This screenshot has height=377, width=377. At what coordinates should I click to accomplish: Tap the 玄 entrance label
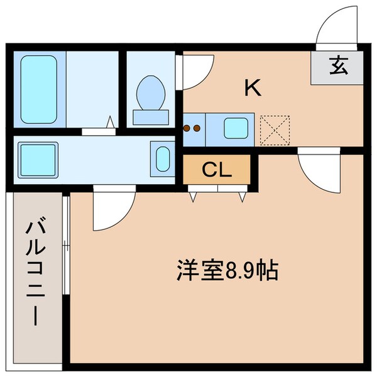pyautogui.click(x=338, y=65)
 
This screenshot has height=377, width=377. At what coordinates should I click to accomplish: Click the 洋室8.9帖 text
pyautogui.click(x=226, y=271)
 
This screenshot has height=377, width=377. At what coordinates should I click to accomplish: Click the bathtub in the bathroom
pyautogui.click(x=39, y=89)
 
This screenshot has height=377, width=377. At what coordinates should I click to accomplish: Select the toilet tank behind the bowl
pyautogui.click(x=151, y=117)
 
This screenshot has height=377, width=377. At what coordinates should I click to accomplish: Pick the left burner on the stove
pyautogui.click(x=187, y=129)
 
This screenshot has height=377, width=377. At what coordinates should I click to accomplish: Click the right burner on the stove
pyautogui.click(x=197, y=129)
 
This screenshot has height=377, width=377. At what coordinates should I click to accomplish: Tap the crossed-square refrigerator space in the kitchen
pyautogui.click(x=272, y=128)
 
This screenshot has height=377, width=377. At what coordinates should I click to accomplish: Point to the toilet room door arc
pyautogui.click(x=192, y=72)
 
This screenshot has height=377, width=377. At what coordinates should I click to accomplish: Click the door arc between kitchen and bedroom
pyautogui.click(x=317, y=170)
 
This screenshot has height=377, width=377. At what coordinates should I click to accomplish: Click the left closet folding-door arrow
pyautogui.click(x=193, y=197)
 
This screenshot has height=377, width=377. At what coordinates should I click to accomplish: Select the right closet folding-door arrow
pyautogui.click(x=242, y=197)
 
